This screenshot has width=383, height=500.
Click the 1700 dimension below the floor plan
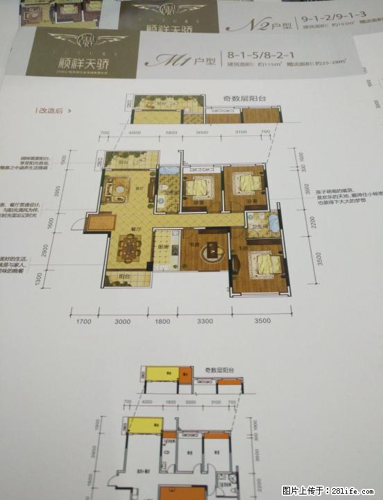84,322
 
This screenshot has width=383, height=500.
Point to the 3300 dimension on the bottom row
205,322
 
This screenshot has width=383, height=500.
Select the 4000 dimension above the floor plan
135,133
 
